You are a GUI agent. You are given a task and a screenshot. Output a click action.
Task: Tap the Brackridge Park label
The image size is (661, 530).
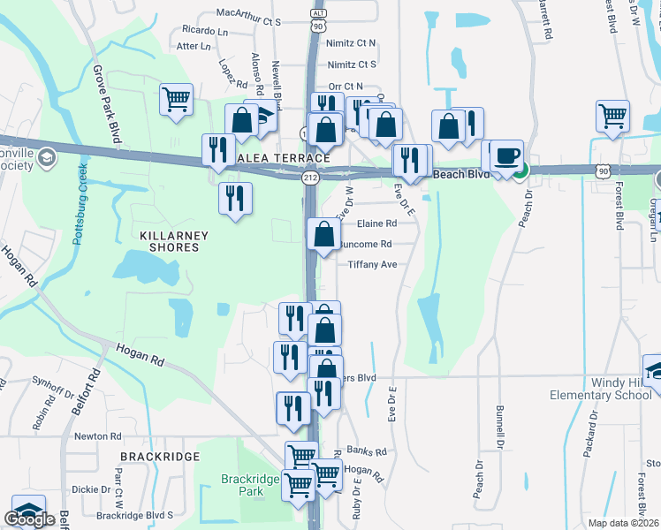[249, 485]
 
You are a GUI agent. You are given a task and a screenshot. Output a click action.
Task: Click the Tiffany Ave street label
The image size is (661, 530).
[372, 264]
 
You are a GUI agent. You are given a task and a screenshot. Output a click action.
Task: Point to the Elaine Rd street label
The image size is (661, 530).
[377, 224]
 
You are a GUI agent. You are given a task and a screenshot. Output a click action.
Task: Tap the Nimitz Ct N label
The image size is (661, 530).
[352, 42]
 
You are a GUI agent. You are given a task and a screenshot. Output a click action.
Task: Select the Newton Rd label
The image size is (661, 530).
[96, 436]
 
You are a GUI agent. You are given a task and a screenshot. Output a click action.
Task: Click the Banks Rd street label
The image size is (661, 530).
[367, 450]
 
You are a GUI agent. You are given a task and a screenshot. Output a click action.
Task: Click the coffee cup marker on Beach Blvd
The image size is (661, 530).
[506, 155]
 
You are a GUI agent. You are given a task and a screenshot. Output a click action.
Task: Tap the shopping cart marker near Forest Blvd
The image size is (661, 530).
[612, 115]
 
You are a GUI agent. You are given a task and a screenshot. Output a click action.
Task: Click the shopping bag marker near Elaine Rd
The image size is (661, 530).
[324, 234]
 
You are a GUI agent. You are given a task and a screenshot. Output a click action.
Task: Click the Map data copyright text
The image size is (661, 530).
[624, 523]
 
